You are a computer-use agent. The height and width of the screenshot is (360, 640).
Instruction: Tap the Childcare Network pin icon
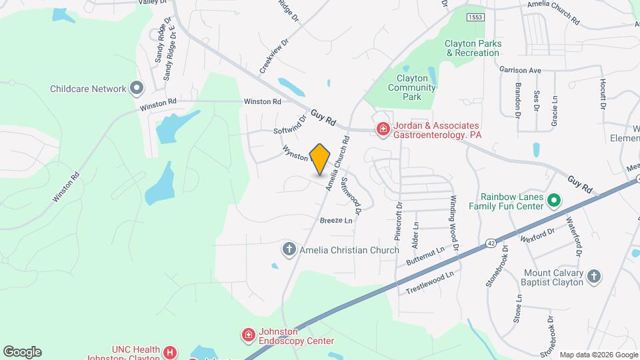pos(137,88)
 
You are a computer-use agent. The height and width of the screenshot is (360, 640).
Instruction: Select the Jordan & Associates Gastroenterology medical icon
pos(383,129)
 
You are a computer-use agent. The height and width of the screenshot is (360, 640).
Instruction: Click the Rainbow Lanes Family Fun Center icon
pos(553,200)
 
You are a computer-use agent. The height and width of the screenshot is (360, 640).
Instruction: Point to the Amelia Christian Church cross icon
pos(289,250)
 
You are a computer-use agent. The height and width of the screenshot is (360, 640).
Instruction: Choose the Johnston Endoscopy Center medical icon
pos(248,334)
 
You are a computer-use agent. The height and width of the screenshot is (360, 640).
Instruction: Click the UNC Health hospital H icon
pos(171,351)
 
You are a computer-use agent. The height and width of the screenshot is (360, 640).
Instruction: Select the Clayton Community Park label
pos(412,87)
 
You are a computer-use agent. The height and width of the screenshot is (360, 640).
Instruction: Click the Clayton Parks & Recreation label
pos(473,48)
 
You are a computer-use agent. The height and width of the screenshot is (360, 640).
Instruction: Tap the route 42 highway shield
pos(491,243)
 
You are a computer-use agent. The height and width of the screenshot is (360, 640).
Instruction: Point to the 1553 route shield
pos(475,17)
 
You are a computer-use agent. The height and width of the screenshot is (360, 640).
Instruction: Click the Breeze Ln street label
pos(335,220)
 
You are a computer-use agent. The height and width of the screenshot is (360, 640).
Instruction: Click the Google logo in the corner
pos(22,351)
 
